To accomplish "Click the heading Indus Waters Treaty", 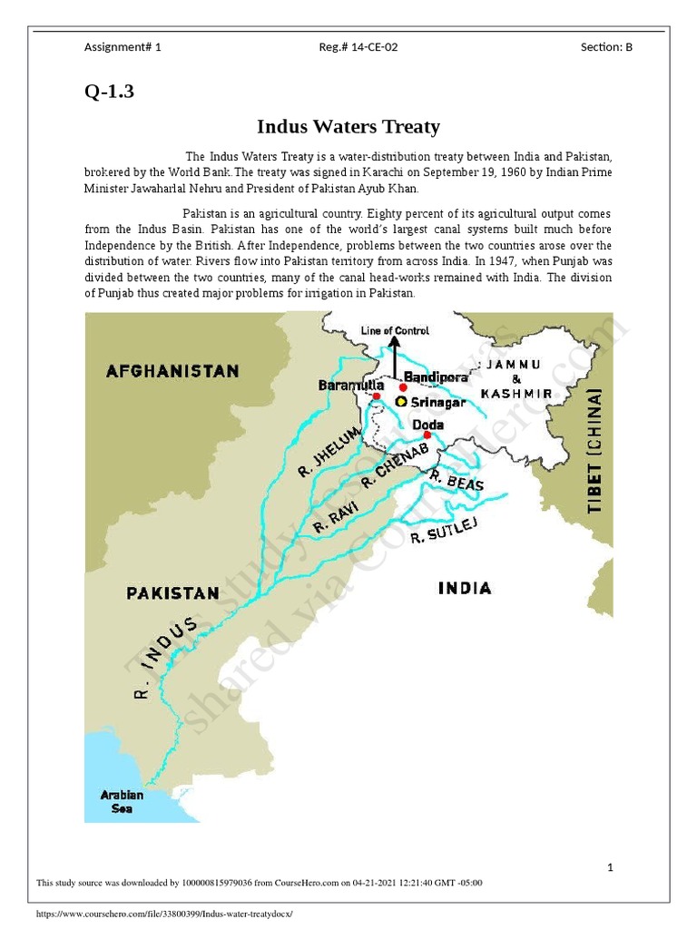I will coord(348,126).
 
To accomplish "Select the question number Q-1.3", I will coord(110,92).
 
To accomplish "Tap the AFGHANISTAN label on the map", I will coord(172,370).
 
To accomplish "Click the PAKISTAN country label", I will coord(172,593).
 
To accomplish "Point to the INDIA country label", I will coord(465,588).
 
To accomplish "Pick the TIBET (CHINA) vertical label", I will coord(595,452).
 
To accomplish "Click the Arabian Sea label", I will coord(122,802).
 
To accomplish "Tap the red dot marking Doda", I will coord(427,435).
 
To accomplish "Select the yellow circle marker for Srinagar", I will coord(400,401).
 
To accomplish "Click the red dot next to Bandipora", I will coord(403,386).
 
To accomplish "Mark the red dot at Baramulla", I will coord(376,396).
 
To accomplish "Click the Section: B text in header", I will coord(606,47).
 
